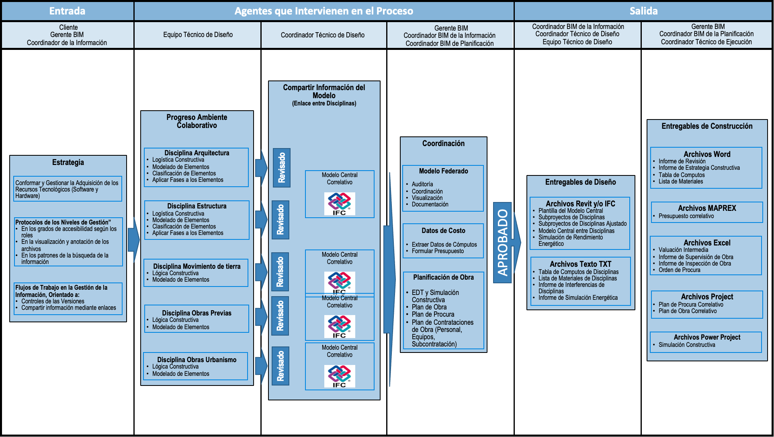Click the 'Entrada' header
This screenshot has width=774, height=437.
pyautogui.click(x=67, y=11)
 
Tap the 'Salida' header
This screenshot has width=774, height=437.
pyautogui.click(x=643, y=11)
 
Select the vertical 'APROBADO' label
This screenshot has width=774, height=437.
pyautogui.click(x=502, y=242)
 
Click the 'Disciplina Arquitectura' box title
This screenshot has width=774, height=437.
pyautogui.click(x=197, y=153)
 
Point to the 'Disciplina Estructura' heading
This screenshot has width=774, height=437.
pyautogui.click(x=197, y=206)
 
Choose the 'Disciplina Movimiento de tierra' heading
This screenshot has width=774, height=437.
pyautogui.click(x=197, y=266)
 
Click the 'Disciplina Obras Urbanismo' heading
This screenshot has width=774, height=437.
pyautogui.click(x=197, y=360)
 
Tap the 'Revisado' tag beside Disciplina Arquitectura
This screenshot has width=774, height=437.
pyautogui.click(x=282, y=167)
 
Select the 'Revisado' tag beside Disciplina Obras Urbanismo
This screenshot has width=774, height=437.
pyautogui.click(x=281, y=366)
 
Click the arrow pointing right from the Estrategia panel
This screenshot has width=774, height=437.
pyautogui.click(x=133, y=240)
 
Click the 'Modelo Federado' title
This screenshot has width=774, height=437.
pyautogui.click(x=443, y=171)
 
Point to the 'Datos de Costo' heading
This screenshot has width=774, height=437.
pyautogui.click(x=443, y=231)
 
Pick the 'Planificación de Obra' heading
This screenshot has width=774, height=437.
pyautogui.click(x=443, y=277)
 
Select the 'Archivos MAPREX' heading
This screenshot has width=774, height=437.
pyautogui.click(x=707, y=208)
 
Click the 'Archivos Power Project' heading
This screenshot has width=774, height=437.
pyautogui.click(x=707, y=337)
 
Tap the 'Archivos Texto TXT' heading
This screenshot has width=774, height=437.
pyautogui.click(x=580, y=264)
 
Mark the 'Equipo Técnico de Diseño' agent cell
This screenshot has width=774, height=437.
pyautogui.click(x=198, y=35)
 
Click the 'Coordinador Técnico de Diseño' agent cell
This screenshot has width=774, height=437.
pyautogui.click(x=323, y=35)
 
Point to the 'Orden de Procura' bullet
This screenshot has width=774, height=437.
pyautogui.click(x=679, y=270)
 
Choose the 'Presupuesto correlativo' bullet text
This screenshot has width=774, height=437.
pyautogui.click(x=686, y=216)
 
